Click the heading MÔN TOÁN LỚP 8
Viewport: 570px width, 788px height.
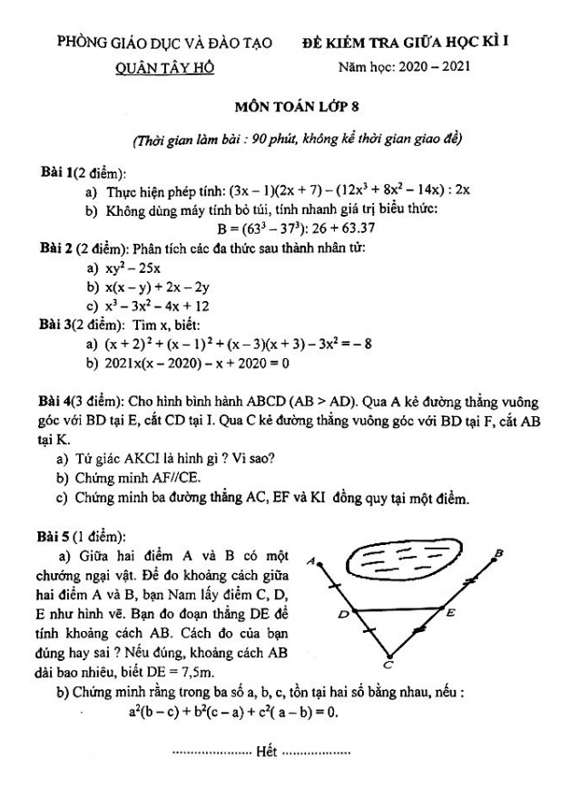[x=285, y=106]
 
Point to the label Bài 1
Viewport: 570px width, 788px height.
[x=54, y=172]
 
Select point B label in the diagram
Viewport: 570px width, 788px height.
[x=498, y=552]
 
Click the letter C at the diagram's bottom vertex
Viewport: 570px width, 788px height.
[x=388, y=665]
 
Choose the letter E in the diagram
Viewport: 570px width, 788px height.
[x=451, y=612]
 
